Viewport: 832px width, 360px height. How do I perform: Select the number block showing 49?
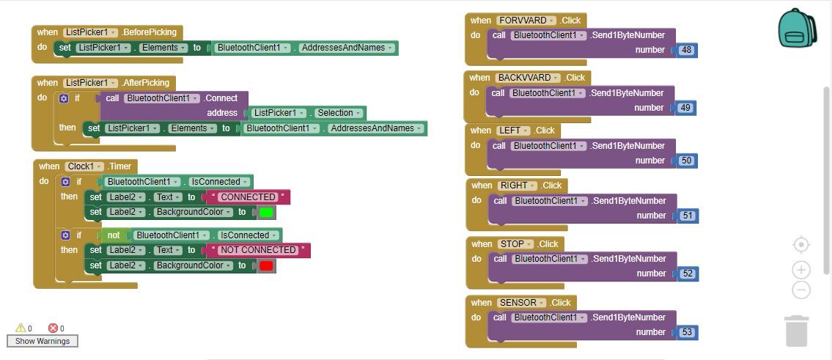pyautogui.click(x=685, y=108)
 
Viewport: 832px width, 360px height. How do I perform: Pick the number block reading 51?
pyautogui.click(x=688, y=216)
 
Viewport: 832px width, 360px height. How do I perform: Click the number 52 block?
pyautogui.click(x=688, y=274)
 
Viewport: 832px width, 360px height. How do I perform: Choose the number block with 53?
pyautogui.click(x=687, y=332)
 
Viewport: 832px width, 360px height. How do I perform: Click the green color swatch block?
pyautogui.click(x=266, y=213)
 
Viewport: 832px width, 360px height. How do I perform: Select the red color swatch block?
pyautogui.click(x=266, y=265)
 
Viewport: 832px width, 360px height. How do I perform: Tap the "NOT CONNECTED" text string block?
pyautogui.click(x=259, y=250)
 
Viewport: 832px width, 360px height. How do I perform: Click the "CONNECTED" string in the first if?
pyautogui.click(x=249, y=197)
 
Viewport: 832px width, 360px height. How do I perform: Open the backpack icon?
pyautogui.click(x=797, y=28)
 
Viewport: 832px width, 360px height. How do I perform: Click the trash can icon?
pyautogui.click(x=797, y=331)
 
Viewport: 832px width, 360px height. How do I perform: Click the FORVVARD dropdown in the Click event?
pyautogui.click(x=526, y=21)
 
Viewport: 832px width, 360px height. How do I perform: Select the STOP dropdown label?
pyautogui.click(x=515, y=244)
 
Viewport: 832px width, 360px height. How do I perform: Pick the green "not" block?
pyautogui.click(x=113, y=235)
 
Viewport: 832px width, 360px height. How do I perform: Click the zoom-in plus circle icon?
pyautogui.click(x=801, y=270)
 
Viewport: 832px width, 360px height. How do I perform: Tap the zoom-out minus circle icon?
pyautogui.click(x=801, y=290)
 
